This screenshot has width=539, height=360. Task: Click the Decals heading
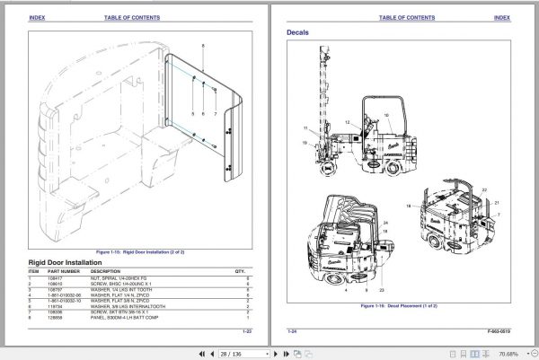[x=298, y=33]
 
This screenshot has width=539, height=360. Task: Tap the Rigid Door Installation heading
[x=75, y=262]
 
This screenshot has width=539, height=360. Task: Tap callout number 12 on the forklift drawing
[x=346, y=121]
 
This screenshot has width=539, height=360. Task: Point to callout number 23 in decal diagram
[x=381, y=293]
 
